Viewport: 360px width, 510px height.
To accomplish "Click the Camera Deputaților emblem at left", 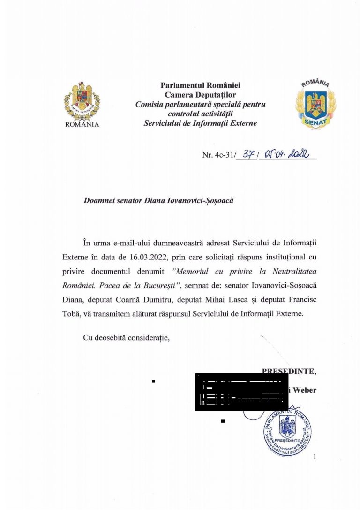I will pos(82,102).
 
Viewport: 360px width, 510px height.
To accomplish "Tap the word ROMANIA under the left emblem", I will pos(82,125).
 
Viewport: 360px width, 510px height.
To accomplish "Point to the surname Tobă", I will pos(71,314).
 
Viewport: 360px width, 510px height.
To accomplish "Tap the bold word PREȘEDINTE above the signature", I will pos(289,372).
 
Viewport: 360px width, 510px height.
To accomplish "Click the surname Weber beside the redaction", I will pos(305,390).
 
